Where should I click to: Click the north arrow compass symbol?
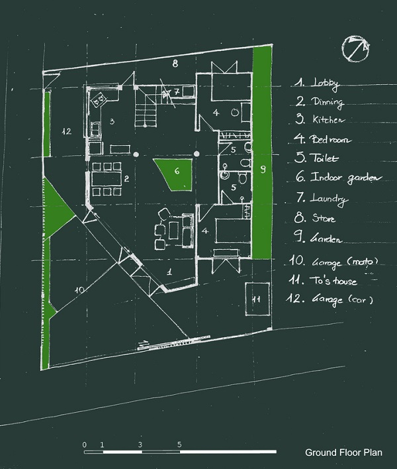[356, 50]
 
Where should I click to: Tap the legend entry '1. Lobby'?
[318, 83]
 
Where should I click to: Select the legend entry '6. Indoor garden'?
[331, 178]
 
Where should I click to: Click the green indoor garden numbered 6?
[175, 174]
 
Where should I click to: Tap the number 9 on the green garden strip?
[263, 170]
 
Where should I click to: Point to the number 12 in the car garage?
[66, 131]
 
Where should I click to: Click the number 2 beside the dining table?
[125, 178]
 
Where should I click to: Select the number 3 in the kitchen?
[112, 121]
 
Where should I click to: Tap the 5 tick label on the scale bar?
[179, 444]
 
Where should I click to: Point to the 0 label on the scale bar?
[85, 444]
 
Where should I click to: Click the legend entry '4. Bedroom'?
[323, 140]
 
